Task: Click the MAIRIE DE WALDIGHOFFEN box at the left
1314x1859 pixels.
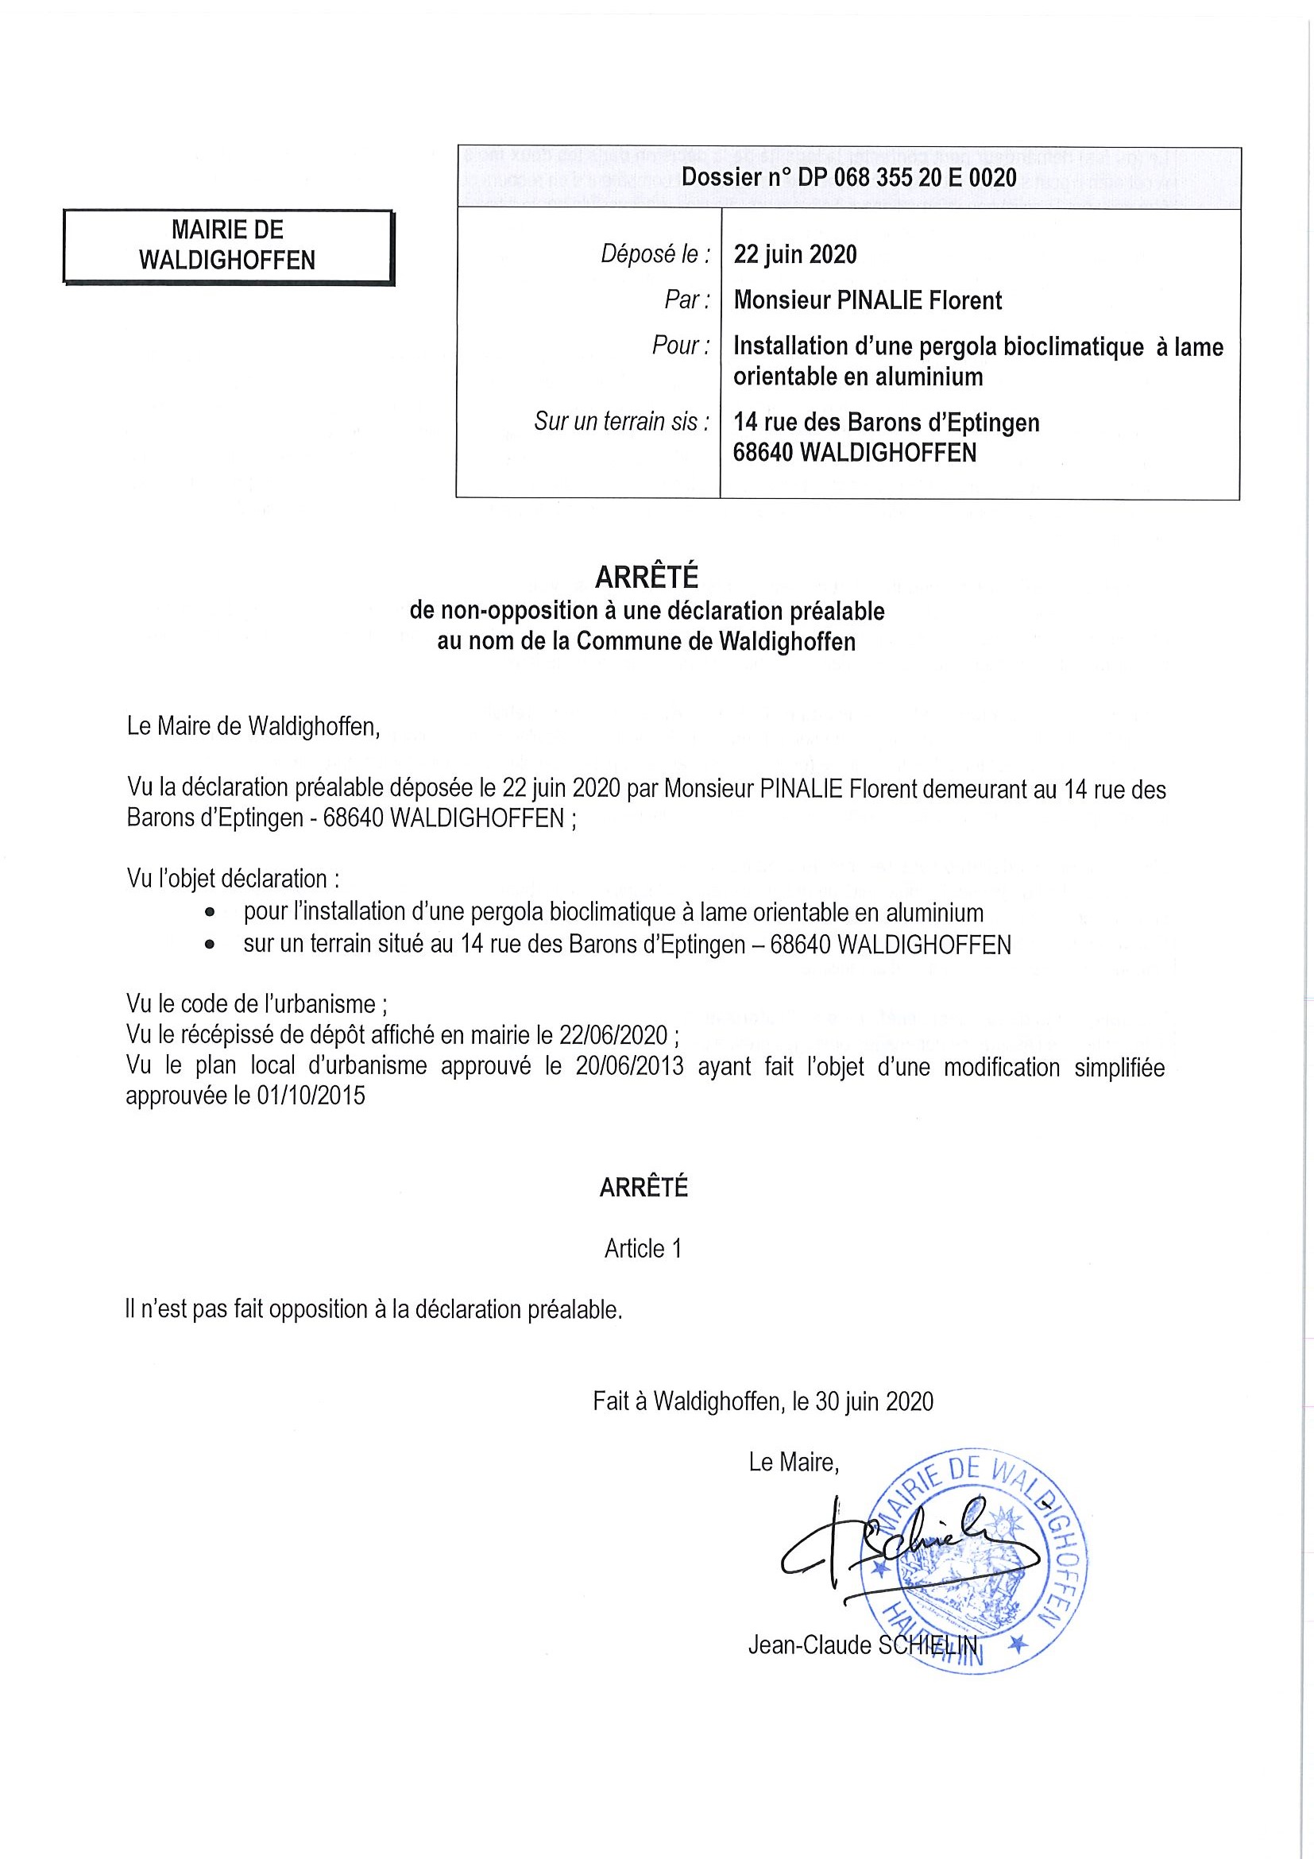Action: [x=227, y=245]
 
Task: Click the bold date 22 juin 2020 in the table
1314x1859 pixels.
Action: [x=795, y=255]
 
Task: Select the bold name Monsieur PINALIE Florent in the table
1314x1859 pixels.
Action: [x=867, y=301]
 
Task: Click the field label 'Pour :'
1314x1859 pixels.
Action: [x=681, y=346]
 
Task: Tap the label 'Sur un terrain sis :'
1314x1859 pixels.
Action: [x=622, y=422]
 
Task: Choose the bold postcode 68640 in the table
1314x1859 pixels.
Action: [x=763, y=453]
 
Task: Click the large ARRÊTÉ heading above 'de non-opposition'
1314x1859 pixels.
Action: [x=646, y=578]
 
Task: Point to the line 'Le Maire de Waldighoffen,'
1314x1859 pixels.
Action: [x=253, y=726]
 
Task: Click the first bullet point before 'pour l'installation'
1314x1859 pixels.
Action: [x=211, y=913]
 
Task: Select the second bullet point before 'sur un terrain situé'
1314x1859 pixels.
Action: [x=211, y=945]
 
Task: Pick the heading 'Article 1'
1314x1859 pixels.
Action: [x=643, y=1250]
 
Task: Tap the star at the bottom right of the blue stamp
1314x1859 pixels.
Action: [x=1018, y=1644]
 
